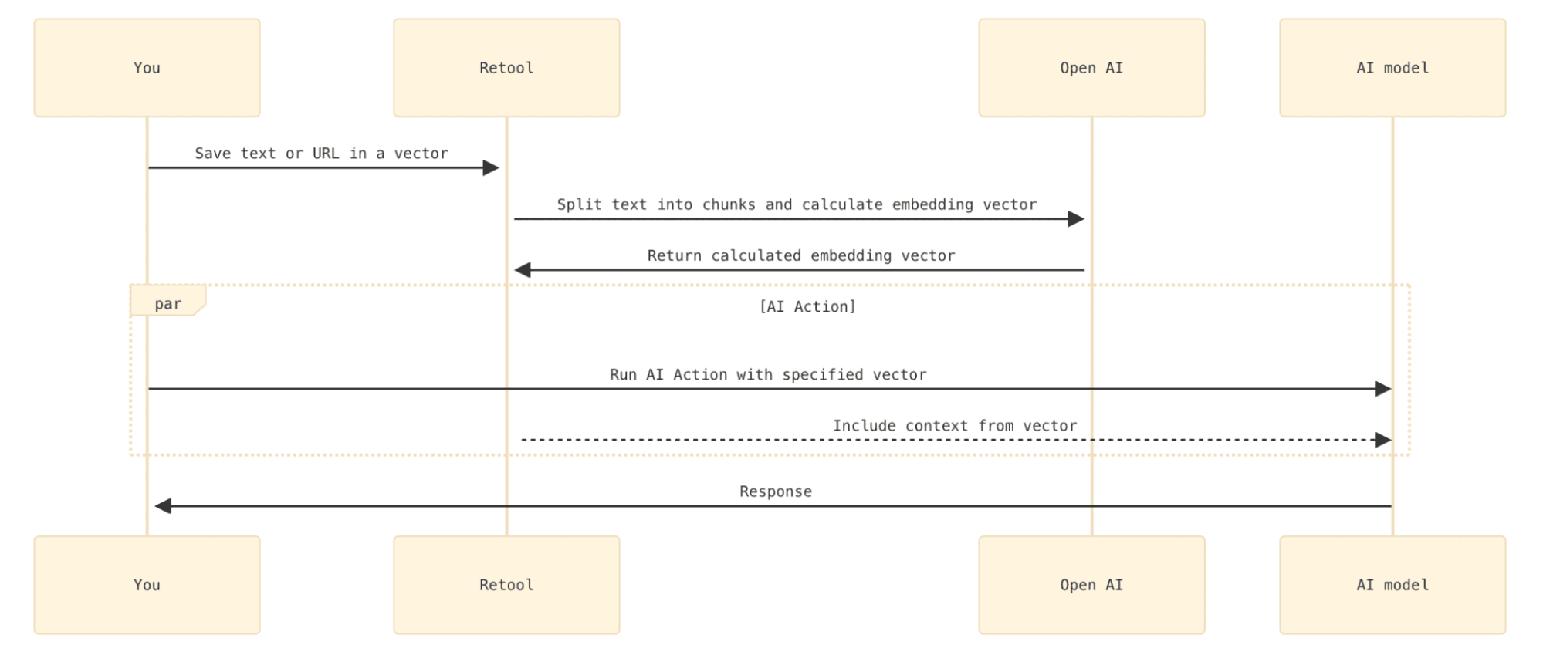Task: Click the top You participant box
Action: coord(147,68)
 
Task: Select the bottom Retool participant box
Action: coord(506,585)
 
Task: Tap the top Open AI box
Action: coord(1091,68)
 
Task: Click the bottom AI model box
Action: coord(1392,585)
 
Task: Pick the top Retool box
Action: coord(506,68)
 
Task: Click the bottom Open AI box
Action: coord(1091,585)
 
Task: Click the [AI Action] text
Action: coord(807,306)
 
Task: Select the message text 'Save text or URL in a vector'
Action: coord(321,154)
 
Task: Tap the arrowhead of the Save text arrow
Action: coord(491,167)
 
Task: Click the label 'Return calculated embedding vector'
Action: coord(800,255)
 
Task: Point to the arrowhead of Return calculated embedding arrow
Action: coord(523,270)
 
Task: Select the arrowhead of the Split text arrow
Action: coord(1076,219)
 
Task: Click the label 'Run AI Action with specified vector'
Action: coord(768,374)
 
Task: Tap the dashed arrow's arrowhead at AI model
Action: coord(1383,440)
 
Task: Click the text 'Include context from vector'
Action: coord(954,425)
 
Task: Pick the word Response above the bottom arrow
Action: coord(775,491)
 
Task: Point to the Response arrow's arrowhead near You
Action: coord(163,506)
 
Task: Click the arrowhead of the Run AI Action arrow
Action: coord(1383,389)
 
